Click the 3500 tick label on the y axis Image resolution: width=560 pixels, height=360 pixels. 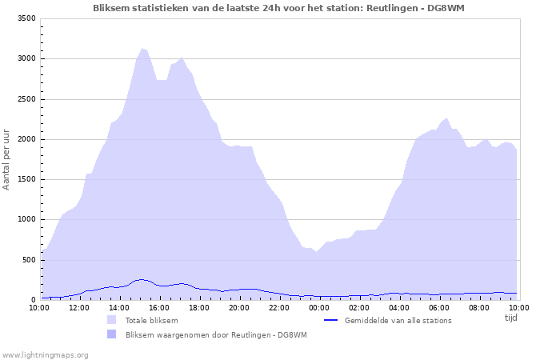[x=26, y=18]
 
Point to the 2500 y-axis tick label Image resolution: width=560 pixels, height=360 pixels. [x=26, y=99]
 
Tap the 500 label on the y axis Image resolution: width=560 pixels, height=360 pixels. [x=29, y=260]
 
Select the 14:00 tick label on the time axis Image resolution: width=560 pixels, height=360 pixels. [x=119, y=308]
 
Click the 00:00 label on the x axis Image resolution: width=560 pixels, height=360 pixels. [x=319, y=308]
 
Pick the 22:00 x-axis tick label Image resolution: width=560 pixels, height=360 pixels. [x=279, y=308]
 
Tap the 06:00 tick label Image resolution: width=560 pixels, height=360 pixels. [x=439, y=308]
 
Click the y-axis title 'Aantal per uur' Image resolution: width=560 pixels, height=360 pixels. [x=6, y=160]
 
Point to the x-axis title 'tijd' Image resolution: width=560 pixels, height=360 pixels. [x=511, y=318]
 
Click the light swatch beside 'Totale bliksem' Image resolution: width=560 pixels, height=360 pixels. [x=111, y=320]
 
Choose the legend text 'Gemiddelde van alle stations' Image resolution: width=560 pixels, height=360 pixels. [x=398, y=320]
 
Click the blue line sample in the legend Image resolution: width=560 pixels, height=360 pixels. [x=330, y=320]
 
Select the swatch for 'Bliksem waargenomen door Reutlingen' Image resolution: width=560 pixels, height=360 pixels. [x=111, y=334]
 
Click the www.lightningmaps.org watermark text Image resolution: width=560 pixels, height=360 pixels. [x=45, y=355]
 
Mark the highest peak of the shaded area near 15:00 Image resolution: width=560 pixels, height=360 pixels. [x=142, y=48]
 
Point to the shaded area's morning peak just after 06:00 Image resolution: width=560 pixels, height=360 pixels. [x=446, y=118]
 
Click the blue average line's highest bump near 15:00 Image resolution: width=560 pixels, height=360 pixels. [x=142, y=279]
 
